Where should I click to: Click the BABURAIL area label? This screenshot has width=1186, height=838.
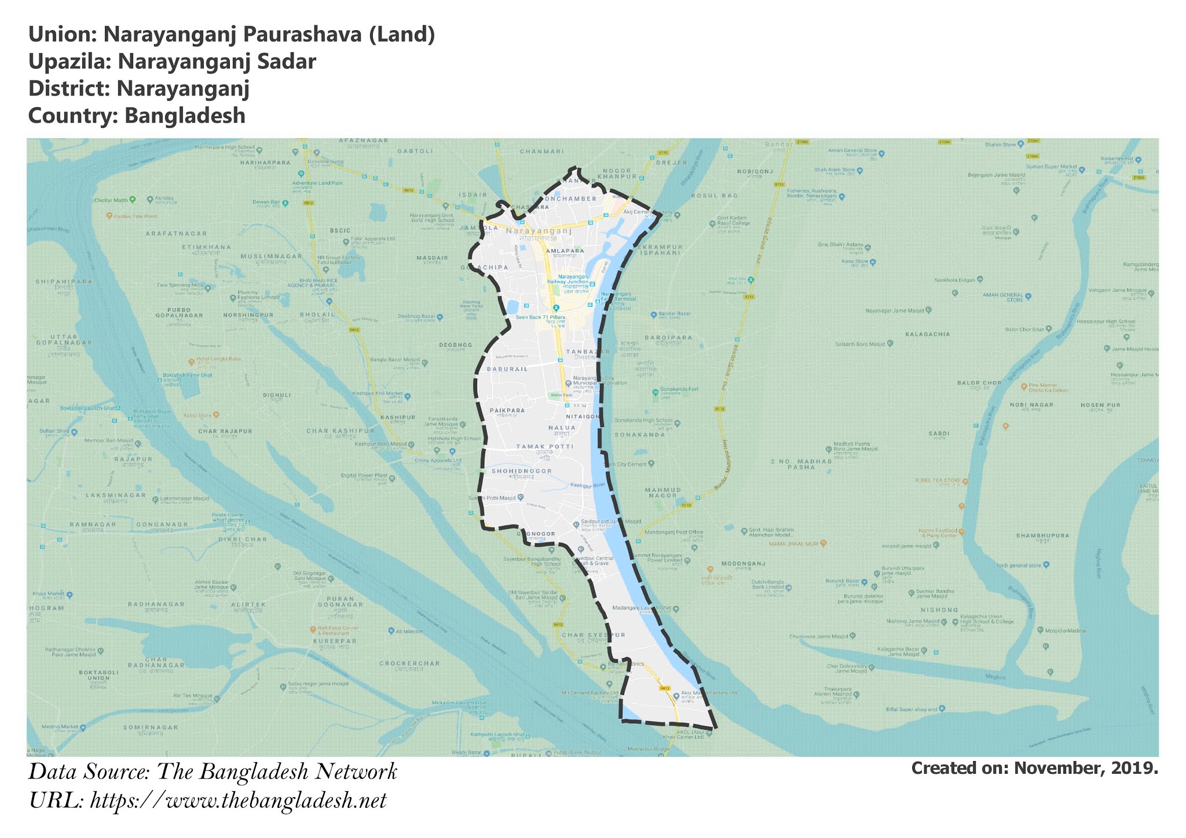507,369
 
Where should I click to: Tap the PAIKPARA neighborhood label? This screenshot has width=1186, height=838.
507,410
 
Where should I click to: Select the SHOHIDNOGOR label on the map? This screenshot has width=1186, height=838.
521,472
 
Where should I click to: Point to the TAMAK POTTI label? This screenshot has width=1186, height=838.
544,447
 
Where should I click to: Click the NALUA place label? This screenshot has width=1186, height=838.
562,428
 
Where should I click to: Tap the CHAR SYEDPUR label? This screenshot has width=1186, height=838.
593,635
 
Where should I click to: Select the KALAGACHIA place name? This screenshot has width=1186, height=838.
928,334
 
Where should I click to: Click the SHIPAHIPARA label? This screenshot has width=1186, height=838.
64,282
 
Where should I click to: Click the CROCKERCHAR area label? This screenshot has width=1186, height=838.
409,663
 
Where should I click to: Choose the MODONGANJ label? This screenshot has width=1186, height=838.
743,563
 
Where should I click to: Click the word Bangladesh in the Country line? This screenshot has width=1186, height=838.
185,116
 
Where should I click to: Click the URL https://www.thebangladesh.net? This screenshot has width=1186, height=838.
238,801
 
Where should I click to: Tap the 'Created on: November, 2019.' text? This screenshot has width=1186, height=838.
1034,768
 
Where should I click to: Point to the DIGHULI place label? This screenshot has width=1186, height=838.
277,395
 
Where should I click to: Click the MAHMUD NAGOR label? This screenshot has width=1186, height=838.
663,492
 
